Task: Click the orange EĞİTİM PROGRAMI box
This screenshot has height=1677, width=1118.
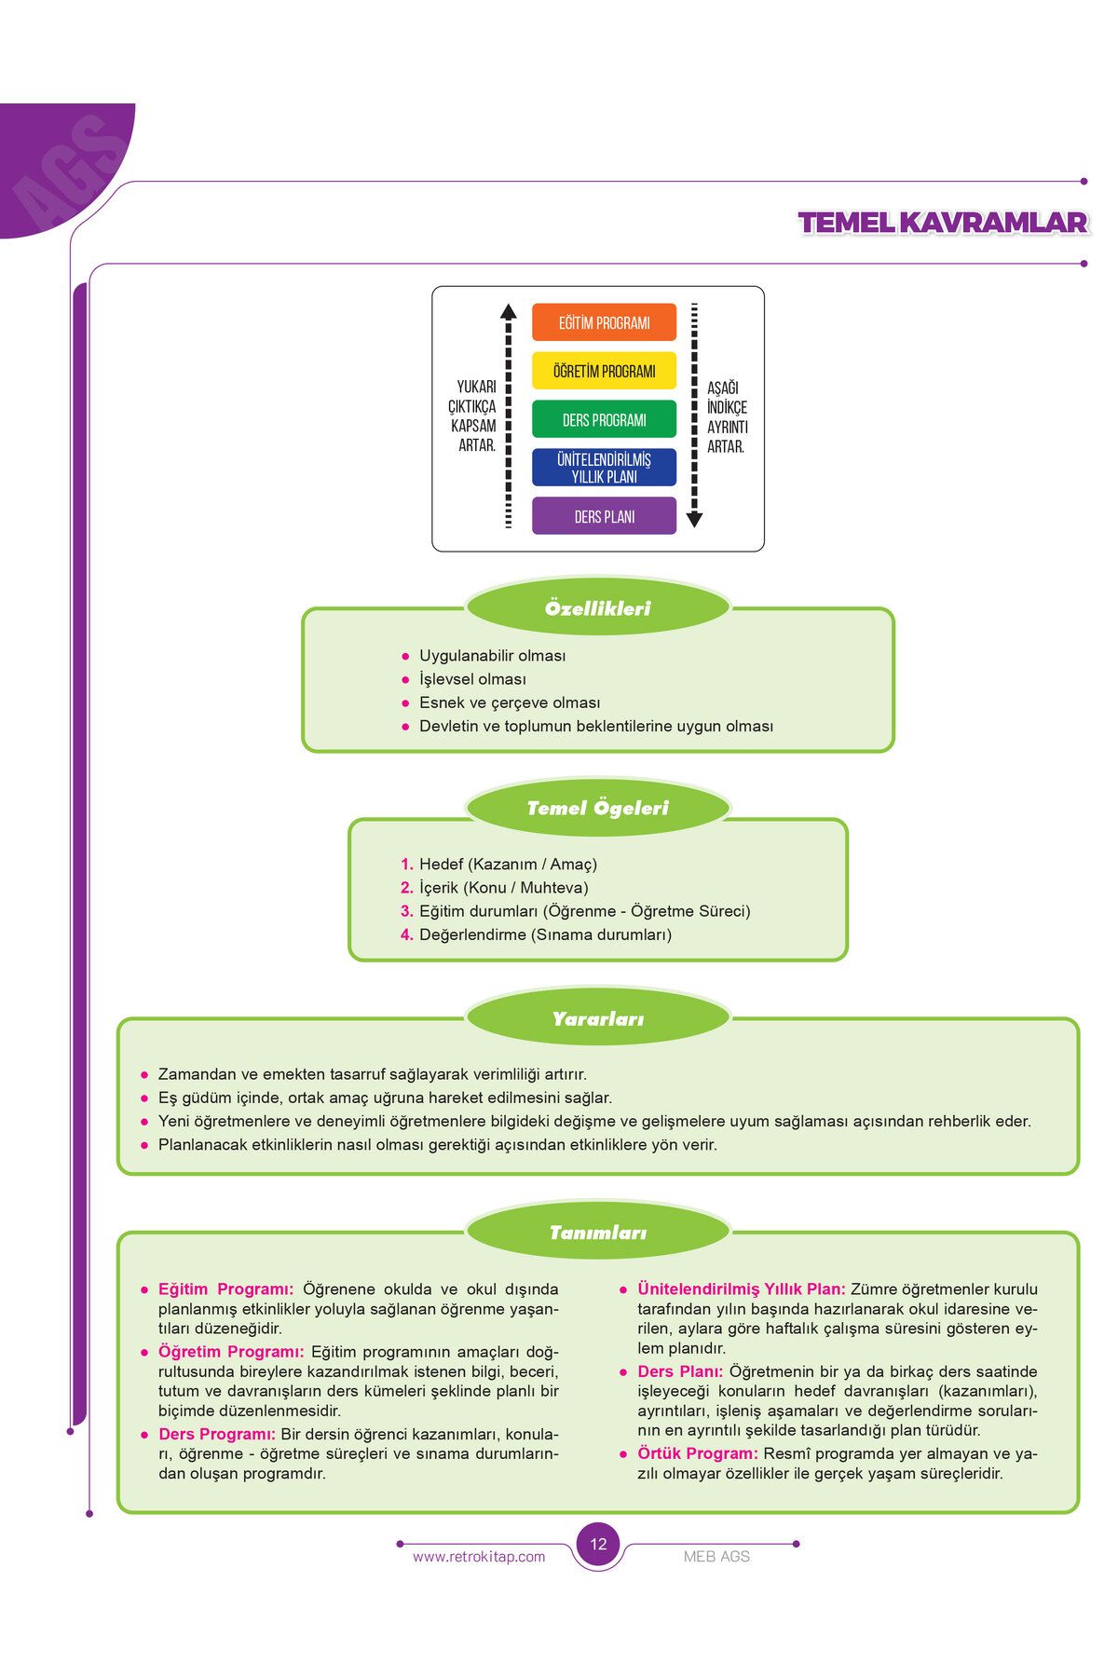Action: pyautogui.click(x=604, y=322)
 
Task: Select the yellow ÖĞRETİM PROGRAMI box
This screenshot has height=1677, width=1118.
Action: pyautogui.click(x=604, y=371)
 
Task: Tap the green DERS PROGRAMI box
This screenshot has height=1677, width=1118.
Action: pyautogui.click(x=604, y=419)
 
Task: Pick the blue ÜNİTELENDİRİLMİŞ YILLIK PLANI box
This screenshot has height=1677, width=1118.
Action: pyautogui.click(x=604, y=468)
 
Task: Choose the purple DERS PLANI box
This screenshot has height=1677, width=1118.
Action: pyautogui.click(x=604, y=516)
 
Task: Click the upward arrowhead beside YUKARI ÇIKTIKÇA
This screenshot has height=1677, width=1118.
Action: pyautogui.click(x=508, y=311)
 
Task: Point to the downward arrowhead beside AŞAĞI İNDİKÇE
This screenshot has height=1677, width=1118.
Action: pyautogui.click(x=694, y=520)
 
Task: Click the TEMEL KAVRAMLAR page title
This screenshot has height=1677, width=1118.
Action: pyautogui.click(x=943, y=223)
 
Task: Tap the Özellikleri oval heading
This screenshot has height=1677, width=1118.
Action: pyautogui.click(x=598, y=608)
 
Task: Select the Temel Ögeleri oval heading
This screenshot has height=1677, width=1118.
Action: pyautogui.click(x=598, y=808)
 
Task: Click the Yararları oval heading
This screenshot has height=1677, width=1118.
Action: pyautogui.click(x=598, y=1018)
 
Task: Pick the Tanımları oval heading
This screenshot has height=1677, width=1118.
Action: pyautogui.click(x=598, y=1233)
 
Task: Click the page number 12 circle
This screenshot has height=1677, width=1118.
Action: pyautogui.click(x=598, y=1544)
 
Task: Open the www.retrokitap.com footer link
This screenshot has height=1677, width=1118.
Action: pyautogui.click(x=479, y=1557)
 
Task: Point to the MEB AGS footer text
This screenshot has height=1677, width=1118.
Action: pyautogui.click(x=716, y=1557)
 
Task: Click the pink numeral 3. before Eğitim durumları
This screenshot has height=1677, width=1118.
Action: pyautogui.click(x=407, y=911)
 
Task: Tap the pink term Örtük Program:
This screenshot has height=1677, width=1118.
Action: pyautogui.click(x=698, y=1453)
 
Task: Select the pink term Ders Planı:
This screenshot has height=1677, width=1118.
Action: pyautogui.click(x=680, y=1371)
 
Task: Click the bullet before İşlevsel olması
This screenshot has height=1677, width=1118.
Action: pyautogui.click(x=405, y=680)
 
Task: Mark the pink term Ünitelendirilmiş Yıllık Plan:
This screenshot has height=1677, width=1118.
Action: pyautogui.click(x=742, y=1289)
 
